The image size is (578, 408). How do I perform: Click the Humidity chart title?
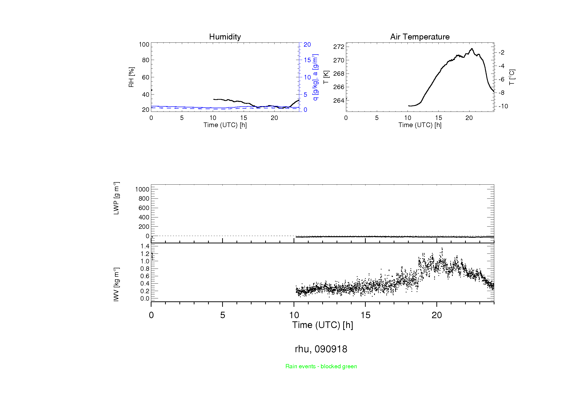coord(225,37)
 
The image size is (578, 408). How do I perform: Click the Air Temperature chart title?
coord(420,37)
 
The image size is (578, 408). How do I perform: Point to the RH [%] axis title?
coord(131,77)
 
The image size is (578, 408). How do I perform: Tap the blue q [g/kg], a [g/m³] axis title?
coord(315,77)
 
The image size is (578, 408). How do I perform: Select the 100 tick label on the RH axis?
coord(144,44)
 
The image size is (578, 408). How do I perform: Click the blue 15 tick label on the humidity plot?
coord(307,60)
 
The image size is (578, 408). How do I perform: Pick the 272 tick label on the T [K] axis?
coord(339,47)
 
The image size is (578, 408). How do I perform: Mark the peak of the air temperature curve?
coord(472,49)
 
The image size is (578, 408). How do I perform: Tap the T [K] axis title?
coord(326,77)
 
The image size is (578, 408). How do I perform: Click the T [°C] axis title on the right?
coord(512,77)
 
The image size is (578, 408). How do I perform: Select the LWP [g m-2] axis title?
coord(116,198)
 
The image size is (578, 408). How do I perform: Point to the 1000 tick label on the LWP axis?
coord(142,189)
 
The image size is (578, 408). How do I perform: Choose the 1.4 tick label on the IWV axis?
coord(145,246)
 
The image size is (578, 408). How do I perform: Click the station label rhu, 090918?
coord(321,349)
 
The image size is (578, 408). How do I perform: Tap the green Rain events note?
coord(321,366)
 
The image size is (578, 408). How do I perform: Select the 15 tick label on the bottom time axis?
coord(365,315)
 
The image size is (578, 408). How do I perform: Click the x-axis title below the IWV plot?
coord(322,325)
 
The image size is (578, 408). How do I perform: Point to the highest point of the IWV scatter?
coord(442,248)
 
